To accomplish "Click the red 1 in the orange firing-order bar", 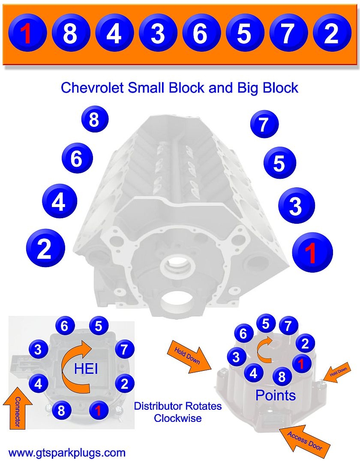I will [x=27, y=33].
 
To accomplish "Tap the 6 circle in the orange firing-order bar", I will [x=200, y=33].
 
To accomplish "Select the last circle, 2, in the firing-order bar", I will [x=331, y=33].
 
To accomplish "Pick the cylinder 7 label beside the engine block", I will [x=264, y=124].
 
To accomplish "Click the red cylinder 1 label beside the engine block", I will [x=312, y=253].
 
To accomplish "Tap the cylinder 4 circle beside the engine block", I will [x=59, y=201].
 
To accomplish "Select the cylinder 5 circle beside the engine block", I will [x=279, y=163].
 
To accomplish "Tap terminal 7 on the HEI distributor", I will [x=124, y=349].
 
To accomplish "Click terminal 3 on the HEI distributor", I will [x=38, y=349].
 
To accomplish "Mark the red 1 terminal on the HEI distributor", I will [x=98, y=410].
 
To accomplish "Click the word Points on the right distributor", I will [x=276, y=395].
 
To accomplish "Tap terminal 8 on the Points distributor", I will [x=282, y=377].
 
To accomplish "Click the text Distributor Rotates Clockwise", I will [x=178, y=412].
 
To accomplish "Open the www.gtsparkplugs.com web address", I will [x=67, y=452].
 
